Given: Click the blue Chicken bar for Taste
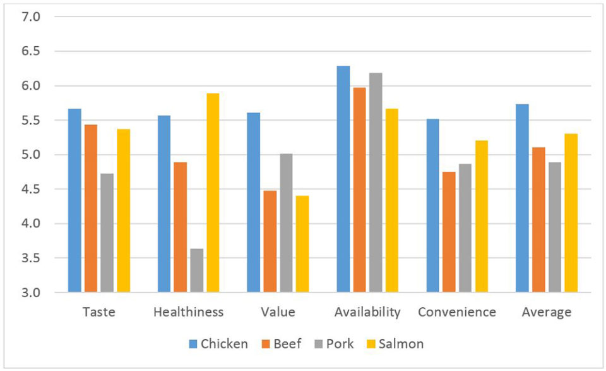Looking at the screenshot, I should [75, 200].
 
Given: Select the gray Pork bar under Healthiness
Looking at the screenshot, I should [196, 271].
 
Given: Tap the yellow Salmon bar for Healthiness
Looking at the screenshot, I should [213, 193].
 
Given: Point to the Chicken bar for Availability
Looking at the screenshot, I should [343, 179].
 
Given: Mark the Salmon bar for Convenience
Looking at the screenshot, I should [481, 216].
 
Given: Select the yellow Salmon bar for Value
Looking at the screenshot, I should [302, 244].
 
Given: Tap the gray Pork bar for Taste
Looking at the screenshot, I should [107, 233].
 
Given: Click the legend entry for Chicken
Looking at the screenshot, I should [218, 344].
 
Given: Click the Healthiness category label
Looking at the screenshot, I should [188, 312].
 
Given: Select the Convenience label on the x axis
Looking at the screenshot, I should [457, 312].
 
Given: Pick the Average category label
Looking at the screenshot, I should [547, 312].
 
